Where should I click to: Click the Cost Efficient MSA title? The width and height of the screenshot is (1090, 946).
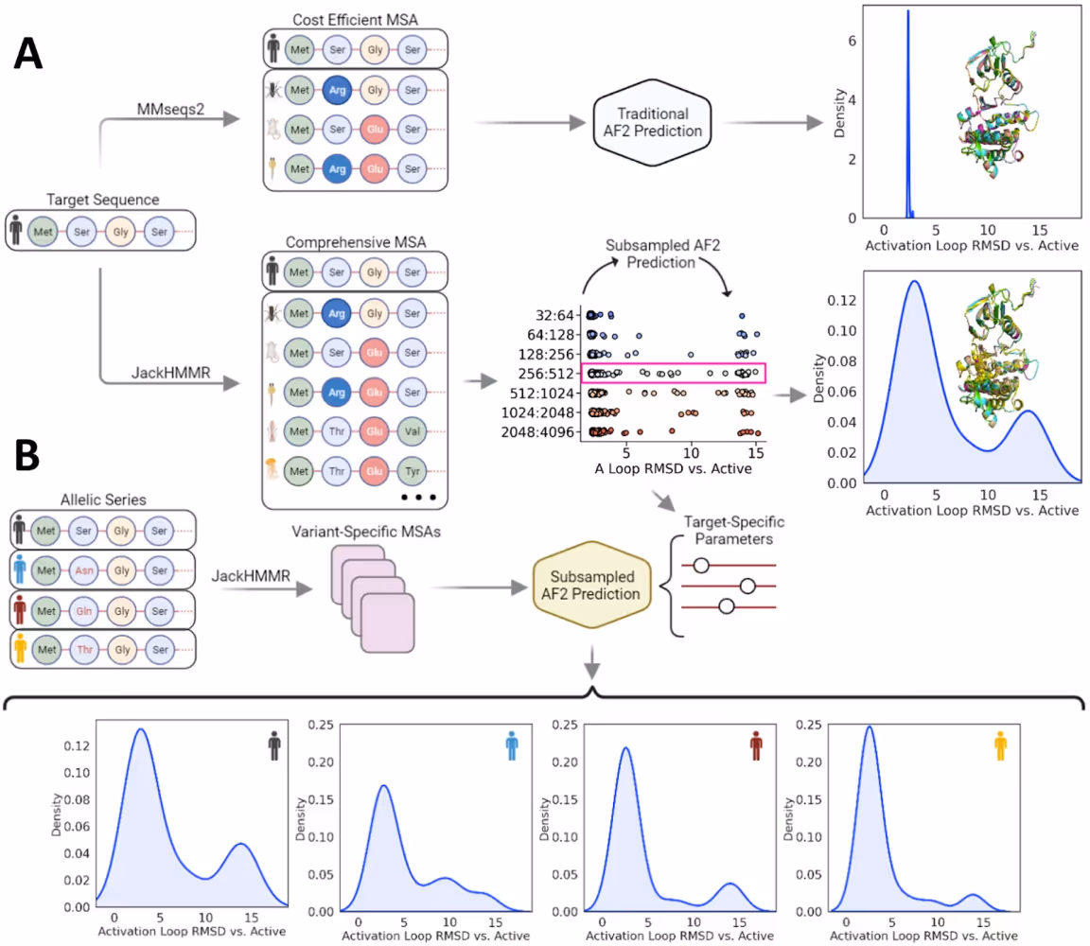click(352, 17)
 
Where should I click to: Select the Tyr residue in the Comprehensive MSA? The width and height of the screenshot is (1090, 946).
click(411, 471)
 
